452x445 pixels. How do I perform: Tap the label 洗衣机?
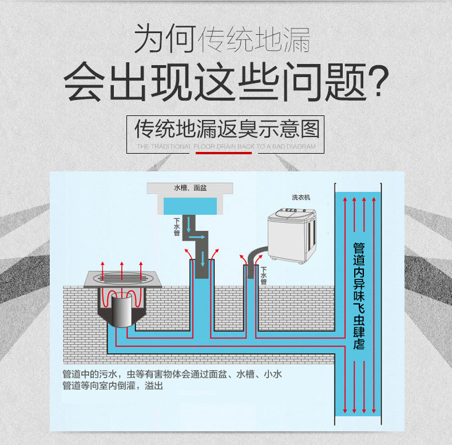(301, 198)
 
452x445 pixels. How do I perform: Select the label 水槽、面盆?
(190, 188)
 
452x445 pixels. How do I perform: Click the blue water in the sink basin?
(191, 205)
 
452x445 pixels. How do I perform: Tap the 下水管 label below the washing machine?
(263, 275)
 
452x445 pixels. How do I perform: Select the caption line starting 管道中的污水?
(172, 375)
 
